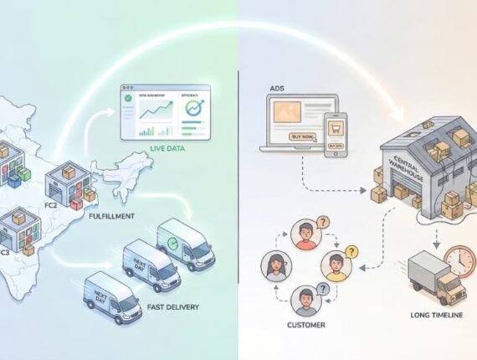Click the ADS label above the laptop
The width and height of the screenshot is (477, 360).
[277, 88]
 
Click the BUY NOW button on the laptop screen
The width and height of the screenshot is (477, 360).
[301, 136]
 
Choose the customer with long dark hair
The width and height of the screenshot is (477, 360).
[274, 267]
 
